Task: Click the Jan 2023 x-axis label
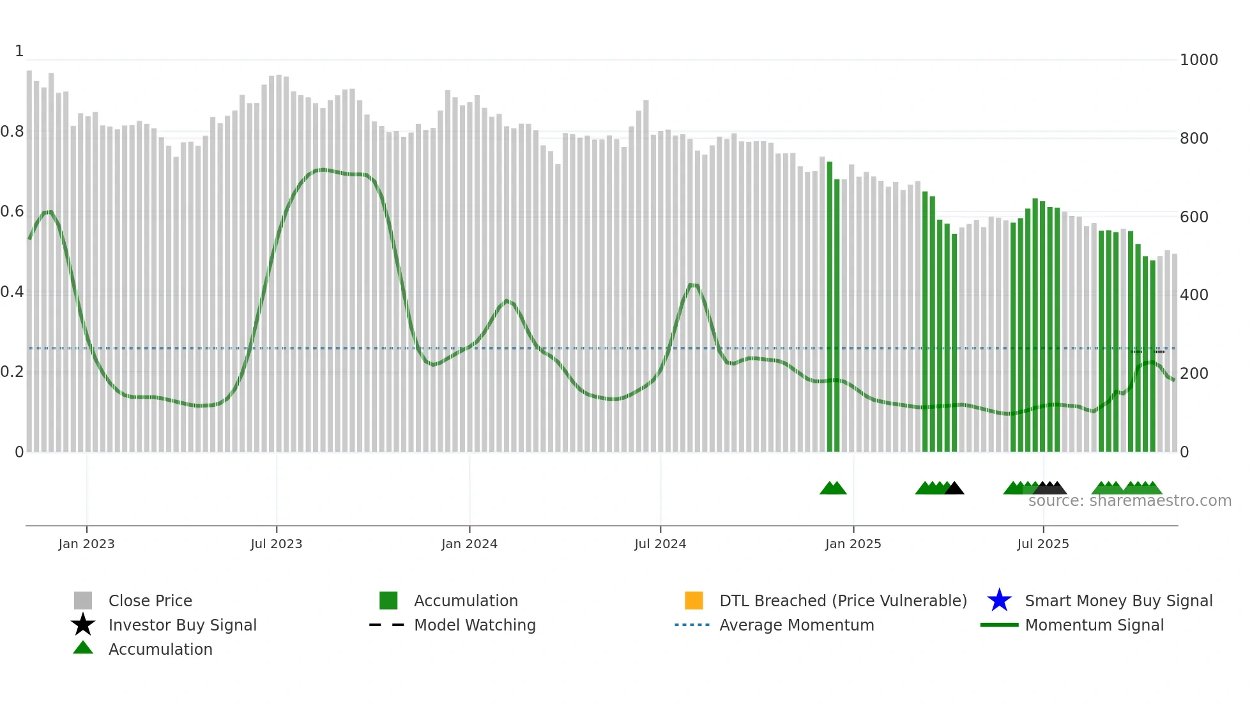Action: click(x=86, y=544)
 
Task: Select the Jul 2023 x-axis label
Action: click(x=276, y=544)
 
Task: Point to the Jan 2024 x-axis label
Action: click(x=469, y=544)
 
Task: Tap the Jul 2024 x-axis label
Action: click(x=660, y=544)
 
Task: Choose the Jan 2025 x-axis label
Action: click(x=853, y=544)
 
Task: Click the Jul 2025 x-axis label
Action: click(x=1042, y=544)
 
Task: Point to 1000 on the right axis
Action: click(x=1198, y=60)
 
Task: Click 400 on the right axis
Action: click(x=1194, y=295)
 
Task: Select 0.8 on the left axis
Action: click(x=13, y=132)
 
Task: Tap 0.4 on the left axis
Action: click(x=13, y=293)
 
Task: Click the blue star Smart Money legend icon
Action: click(x=999, y=601)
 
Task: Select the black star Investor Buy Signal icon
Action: click(x=83, y=625)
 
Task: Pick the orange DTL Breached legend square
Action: click(x=694, y=601)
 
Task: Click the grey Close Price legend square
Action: click(x=83, y=601)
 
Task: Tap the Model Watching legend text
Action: click(x=475, y=625)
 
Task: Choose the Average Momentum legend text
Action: click(x=797, y=625)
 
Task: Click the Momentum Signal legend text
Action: click(x=1094, y=625)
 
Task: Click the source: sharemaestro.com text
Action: click(x=1129, y=501)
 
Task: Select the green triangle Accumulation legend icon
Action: click(x=83, y=648)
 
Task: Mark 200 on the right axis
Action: click(x=1194, y=374)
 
